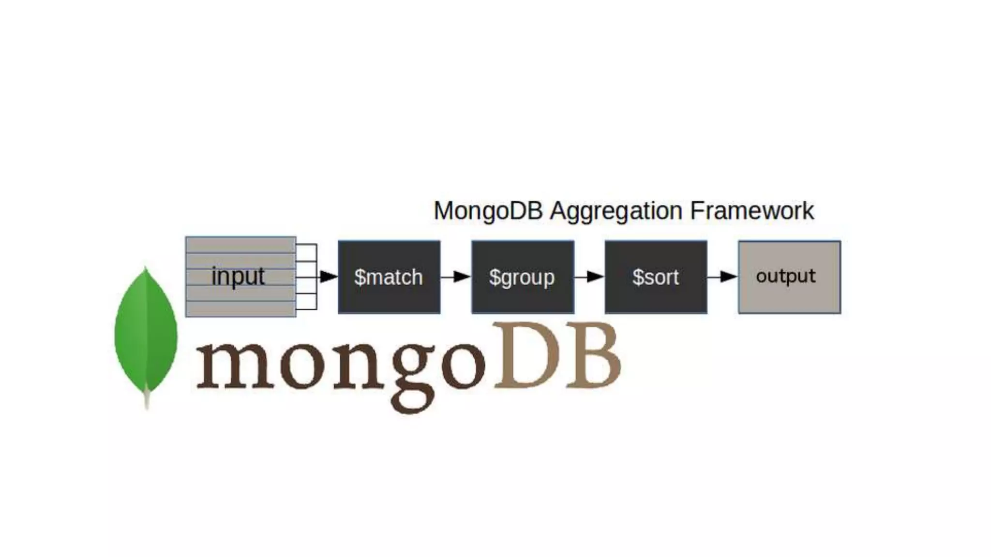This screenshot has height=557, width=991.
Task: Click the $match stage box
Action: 389,277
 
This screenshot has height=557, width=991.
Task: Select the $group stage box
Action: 523,277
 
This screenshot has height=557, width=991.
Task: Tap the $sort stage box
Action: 656,277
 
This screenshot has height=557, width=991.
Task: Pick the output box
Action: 789,277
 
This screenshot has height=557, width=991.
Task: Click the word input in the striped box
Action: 238,277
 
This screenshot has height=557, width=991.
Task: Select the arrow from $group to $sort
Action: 589,277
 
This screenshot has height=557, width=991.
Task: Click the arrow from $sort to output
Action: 722,277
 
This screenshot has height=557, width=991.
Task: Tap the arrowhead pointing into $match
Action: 329,277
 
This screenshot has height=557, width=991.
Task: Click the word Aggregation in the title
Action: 616,211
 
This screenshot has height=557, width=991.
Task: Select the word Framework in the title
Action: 751,211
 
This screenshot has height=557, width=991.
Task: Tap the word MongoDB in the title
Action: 488,211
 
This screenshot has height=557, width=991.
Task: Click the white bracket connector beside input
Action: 307,277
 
